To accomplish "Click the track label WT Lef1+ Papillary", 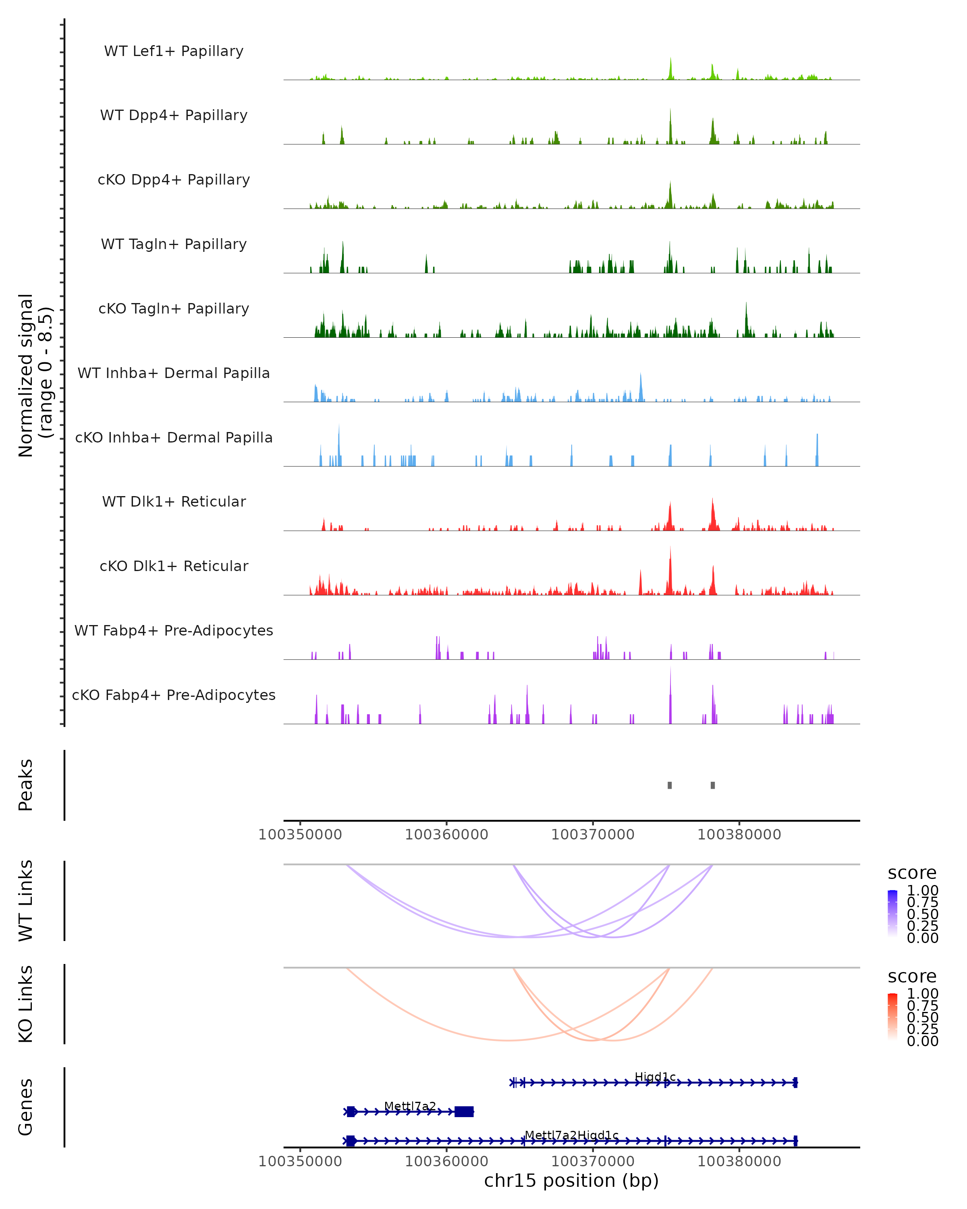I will click(174, 51).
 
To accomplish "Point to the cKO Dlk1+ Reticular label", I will click(174, 566).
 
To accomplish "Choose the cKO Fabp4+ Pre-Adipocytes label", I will click(174, 695).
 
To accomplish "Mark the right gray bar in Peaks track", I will click(712, 785).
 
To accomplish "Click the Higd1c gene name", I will click(655, 1077).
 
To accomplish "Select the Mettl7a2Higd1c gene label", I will click(571, 1135).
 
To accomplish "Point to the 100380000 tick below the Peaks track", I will click(739, 835).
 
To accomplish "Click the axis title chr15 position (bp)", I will click(571, 1181).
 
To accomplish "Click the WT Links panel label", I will click(26, 901).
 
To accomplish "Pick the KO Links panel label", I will click(26, 1004).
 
